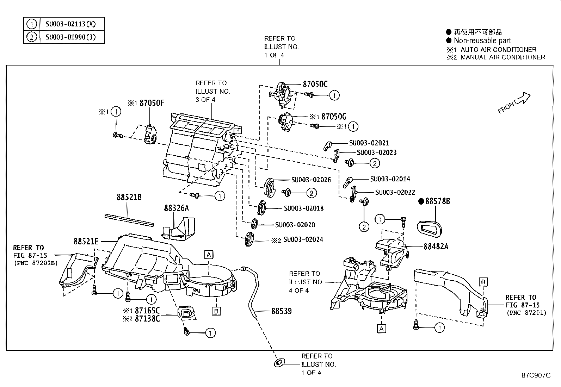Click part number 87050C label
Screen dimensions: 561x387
tap(315, 85)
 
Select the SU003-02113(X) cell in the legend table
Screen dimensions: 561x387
tap(70, 24)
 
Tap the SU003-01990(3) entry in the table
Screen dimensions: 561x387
tap(70, 37)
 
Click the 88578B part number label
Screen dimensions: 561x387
tap(438, 201)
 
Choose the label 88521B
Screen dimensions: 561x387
tap(129, 197)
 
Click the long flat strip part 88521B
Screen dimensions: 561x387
tap(129, 220)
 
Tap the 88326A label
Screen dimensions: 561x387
tap(176, 208)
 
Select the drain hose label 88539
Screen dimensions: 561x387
tap(282, 311)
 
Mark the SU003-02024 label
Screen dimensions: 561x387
tap(303, 239)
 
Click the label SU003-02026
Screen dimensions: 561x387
tap(311, 180)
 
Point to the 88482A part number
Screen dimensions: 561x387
tap(436, 246)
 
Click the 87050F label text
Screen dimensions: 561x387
tap(152, 103)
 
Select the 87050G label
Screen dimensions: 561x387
tap(334, 117)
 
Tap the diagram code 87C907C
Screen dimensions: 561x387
tap(536, 375)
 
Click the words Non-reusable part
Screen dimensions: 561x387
tap(482, 40)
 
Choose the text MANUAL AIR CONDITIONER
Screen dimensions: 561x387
tap(503, 57)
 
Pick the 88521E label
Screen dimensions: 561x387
tap(86, 242)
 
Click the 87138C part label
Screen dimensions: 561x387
tap(147, 319)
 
